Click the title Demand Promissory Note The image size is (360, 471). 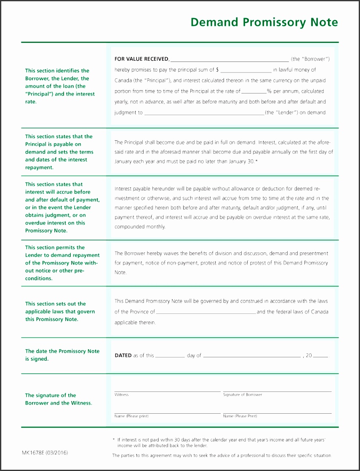pos(264,22)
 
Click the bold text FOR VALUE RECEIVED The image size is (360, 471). pos(141,59)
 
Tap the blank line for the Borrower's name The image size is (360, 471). pos(229,60)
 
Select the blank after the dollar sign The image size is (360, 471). pos(245,71)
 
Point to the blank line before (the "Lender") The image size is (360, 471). pos(204,113)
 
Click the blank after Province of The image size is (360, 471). pos(205,313)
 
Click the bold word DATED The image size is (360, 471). pos(123,356)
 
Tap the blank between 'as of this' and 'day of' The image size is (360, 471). pos(170,356)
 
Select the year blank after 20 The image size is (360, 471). pos(320,356)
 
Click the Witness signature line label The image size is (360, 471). pos(121,395)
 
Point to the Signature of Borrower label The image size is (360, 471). pos(243,395)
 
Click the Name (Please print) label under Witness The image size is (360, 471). pos(131,416)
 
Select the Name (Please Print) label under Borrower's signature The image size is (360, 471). pos(240,416)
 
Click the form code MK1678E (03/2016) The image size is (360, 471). pos(45,453)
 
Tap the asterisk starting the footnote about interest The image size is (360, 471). pos(114,440)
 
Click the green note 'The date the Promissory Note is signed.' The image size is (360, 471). pos(62,355)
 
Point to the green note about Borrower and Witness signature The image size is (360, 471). pos(58,399)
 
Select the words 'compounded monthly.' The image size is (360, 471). pos(140,227)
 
